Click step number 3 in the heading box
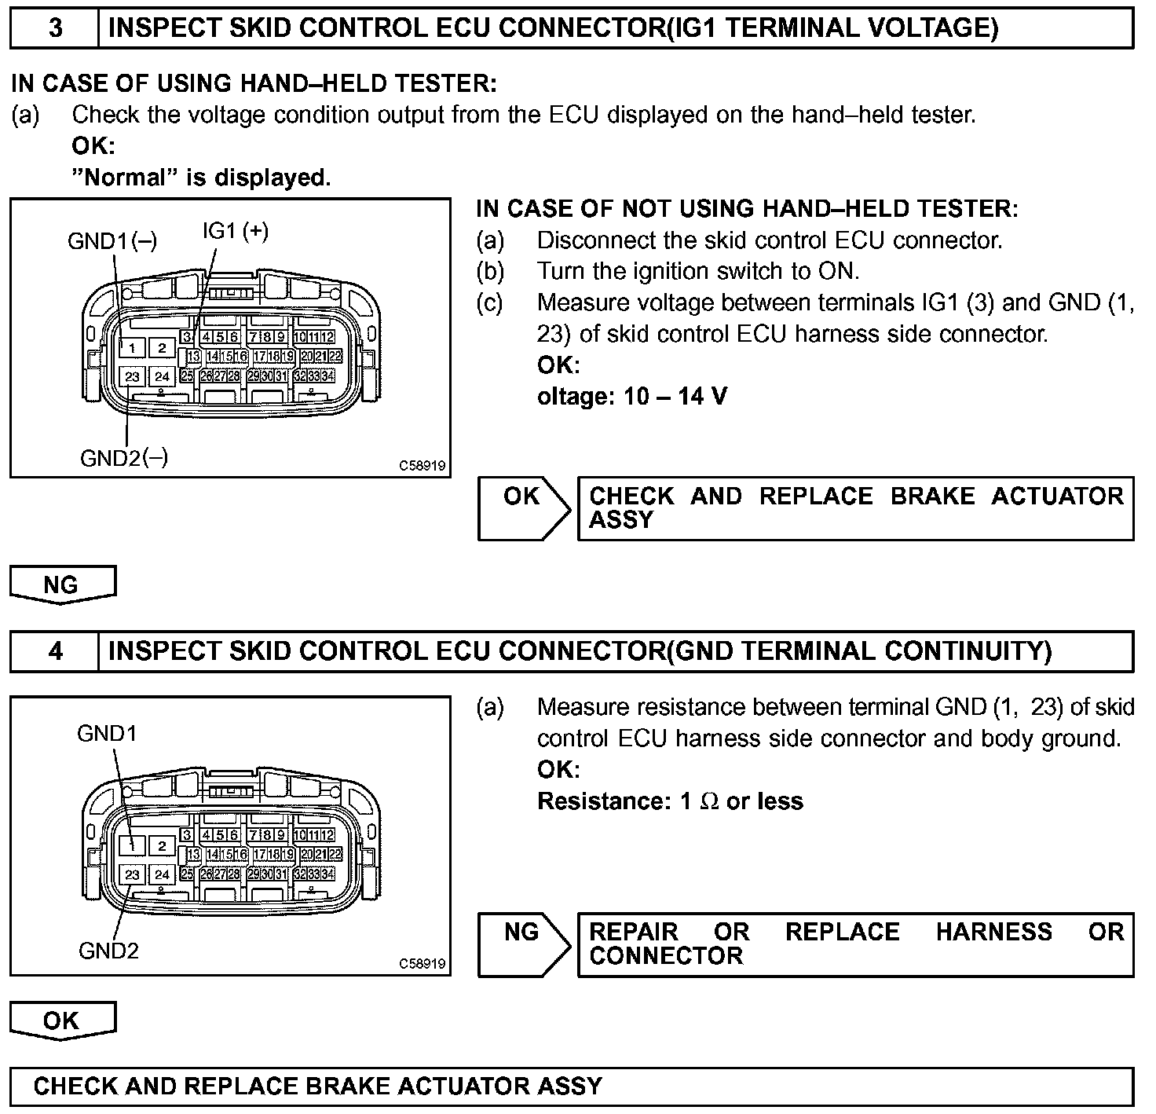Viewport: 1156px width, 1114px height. point(55,28)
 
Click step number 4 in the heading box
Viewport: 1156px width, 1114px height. point(55,651)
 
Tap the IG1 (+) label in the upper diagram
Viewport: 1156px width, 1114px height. point(235,230)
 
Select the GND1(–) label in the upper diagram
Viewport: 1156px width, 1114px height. point(112,240)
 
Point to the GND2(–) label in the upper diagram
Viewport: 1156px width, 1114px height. point(124,457)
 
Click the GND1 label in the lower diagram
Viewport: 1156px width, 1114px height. point(107,733)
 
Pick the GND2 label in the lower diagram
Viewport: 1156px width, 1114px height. point(108,951)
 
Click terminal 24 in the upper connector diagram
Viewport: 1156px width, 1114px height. point(162,376)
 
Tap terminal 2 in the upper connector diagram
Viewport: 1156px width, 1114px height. point(162,348)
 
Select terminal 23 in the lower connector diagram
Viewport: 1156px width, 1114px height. point(132,874)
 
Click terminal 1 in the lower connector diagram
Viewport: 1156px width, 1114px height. point(132,846)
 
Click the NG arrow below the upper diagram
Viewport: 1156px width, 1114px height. point(62,585)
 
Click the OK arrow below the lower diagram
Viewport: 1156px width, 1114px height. point(62,1021)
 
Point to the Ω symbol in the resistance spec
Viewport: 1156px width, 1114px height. point(709,801)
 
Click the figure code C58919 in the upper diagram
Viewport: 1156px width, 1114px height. point(423,465)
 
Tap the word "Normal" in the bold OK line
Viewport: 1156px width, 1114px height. point(125,178)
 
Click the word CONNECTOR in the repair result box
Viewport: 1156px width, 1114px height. point(666,955)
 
